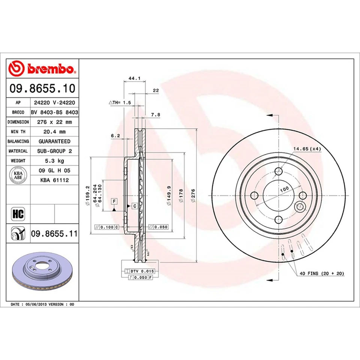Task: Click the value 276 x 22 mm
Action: pos(55,122)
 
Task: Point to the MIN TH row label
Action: pos(18,132)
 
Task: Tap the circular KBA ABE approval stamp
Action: pos(18,175)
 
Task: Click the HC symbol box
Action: pos(18,214)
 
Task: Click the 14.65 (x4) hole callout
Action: pos(307,149)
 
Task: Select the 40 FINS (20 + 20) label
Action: pos(322,273)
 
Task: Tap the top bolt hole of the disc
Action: pos(278,172)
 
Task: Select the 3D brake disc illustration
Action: pos(41,273)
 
